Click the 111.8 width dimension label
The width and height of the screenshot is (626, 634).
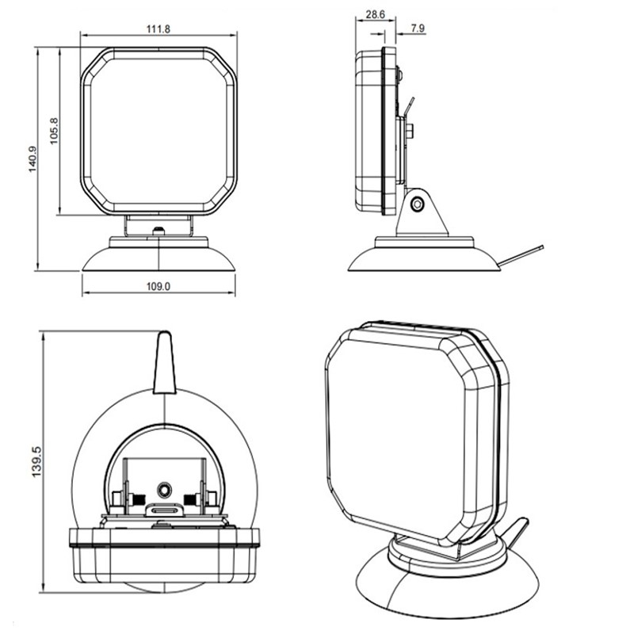[158, 29]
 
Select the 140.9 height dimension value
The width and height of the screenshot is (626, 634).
[32, 159]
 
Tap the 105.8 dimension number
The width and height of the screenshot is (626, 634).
[54, 131]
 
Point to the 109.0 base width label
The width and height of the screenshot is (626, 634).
[158, 286]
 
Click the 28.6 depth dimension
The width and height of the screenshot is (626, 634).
[375, 14]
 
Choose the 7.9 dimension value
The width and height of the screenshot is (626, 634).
[418, 29]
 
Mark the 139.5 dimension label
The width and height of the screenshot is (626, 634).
[36, 462]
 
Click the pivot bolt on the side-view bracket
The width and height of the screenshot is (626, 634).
[417, 204]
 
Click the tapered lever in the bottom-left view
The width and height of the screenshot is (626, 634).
[164, 363]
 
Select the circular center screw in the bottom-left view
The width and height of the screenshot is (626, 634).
[164, 490]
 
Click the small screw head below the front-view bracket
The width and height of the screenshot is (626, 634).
[159, 231]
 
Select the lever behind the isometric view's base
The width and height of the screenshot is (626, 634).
[515, 533]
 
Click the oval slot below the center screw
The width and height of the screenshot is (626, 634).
[164, 510]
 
